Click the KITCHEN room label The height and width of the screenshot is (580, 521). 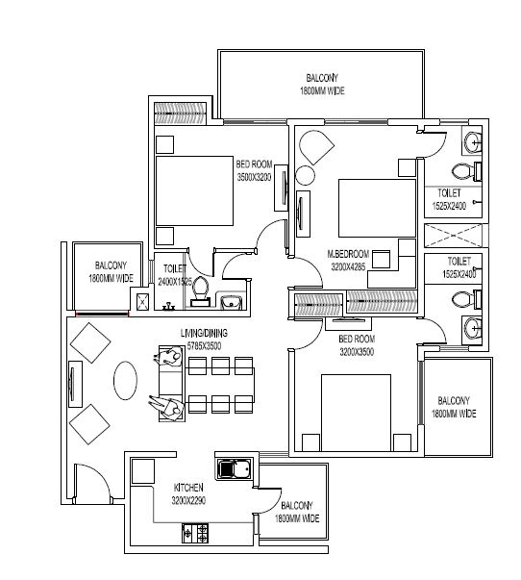[188, 487]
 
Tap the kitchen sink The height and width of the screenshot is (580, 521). [235, 469]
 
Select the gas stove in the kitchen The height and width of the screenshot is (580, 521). [195, 533]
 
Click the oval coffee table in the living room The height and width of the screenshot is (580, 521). [125, 380]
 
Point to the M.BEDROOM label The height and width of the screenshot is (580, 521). [348, 254]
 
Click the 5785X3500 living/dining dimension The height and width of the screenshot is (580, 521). [204, 346]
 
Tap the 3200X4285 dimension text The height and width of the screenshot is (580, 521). [348, 266]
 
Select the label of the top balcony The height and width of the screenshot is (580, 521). [322, 85]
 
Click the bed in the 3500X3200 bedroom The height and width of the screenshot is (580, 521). [194, 190]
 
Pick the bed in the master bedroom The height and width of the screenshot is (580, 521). [377, 209]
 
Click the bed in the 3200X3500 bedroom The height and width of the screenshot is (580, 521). [356, 413]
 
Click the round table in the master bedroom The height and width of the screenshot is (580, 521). [305, 175]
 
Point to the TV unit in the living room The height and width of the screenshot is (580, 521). [75, 384]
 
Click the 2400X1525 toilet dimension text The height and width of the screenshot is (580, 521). [175, 282]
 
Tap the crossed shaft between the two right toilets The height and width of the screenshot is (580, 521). [453, 235]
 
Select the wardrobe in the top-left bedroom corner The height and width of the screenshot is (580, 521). [180, 113]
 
